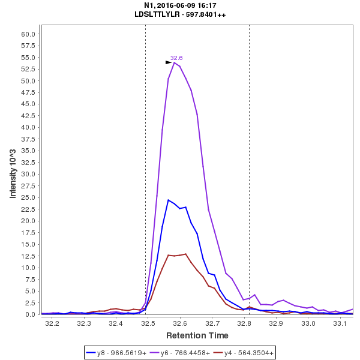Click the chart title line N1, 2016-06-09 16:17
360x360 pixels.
pos(180,5)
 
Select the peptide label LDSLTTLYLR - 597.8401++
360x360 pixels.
pos(180,14)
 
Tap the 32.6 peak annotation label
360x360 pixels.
pos(176,58)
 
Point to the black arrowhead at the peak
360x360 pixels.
pos(169,62)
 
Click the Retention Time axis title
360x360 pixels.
pos(197,335)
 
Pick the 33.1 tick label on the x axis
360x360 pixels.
pos(340,323)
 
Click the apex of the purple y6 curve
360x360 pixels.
pos(174,62)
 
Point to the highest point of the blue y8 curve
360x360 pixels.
pos(169,200)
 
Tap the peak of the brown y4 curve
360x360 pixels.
pos(186,254)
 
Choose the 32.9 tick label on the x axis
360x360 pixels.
pos(276,323)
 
